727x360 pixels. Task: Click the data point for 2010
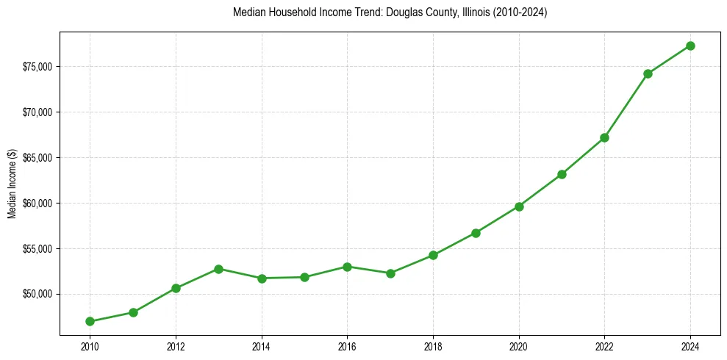90,321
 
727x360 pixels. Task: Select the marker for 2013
218,269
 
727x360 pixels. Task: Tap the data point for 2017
390,273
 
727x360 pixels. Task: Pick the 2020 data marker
519,206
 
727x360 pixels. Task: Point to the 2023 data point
648,73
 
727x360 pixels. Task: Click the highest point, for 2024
690,46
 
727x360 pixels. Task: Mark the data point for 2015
304,277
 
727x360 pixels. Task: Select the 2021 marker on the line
562,174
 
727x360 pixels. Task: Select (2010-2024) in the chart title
516,12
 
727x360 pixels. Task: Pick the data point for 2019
476,233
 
